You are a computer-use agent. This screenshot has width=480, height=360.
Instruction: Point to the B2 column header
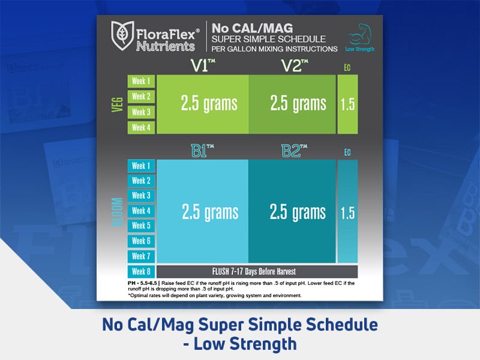[295, 151]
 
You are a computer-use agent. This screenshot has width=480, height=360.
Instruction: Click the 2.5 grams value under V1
[209, 104]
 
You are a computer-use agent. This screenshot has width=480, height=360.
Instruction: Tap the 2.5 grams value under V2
[298, 104]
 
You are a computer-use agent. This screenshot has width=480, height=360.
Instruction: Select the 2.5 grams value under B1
[209, 211]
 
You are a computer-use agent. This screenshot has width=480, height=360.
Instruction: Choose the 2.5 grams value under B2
[298, 211]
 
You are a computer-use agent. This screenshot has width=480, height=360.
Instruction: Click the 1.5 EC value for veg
[347, 104]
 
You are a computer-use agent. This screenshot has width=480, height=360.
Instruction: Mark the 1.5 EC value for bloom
[347, 212]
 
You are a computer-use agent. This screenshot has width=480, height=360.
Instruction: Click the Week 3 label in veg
[142, 112]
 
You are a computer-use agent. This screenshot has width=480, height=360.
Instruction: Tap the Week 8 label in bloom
[142, 271]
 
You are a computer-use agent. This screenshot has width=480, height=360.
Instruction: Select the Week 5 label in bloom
[142, 226]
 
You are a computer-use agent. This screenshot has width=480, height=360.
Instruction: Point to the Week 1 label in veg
[142, 81]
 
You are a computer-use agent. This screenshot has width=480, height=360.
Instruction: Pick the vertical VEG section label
[117, 104]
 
